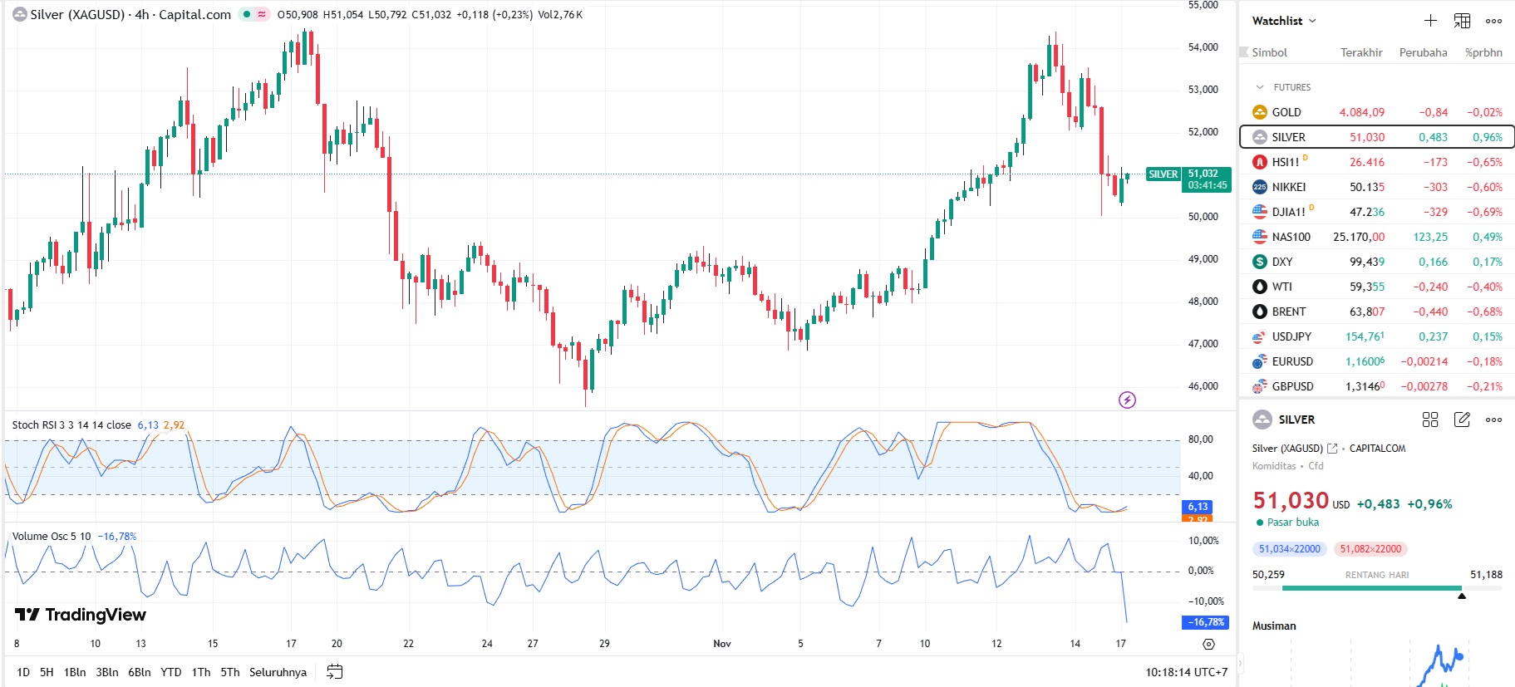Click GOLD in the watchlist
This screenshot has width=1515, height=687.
(x=1286, y=112)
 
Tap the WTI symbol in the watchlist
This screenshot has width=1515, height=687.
(x=1281, y=287)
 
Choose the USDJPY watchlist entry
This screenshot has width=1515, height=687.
(x=1291, y=336)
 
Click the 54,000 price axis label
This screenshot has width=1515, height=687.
(x=1203, y=47)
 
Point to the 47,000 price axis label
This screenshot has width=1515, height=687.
(x=1203, y=344)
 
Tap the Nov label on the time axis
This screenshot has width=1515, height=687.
(x=722, y=644)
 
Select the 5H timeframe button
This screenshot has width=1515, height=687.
(x=47, y=672)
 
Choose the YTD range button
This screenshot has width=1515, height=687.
(x=170, y=672)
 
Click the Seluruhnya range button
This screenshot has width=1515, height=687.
(x=278, y=672)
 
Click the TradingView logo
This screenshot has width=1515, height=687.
(x=81, y=615)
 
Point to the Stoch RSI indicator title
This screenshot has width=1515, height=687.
(x=71, y=425)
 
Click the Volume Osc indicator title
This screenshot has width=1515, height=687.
(x=52, y=537)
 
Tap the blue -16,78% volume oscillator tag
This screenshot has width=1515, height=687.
(x=1205, y=622)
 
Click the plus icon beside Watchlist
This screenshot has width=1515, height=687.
(x=1430, y=21)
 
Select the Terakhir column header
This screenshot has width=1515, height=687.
(x=1361, y=52)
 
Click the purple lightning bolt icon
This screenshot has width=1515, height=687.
(x=1127, y=400)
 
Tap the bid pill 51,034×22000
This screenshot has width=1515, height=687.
(x=1289, y=549)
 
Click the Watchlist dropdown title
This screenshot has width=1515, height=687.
(x=1284, y=21)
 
